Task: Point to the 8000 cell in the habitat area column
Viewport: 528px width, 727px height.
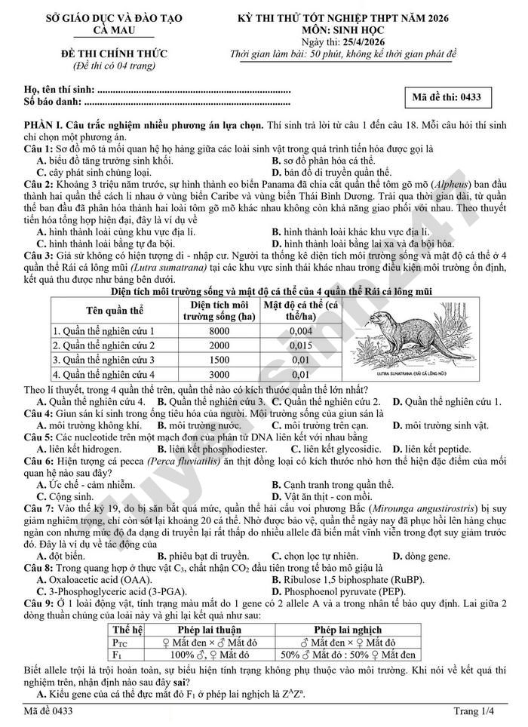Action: (219, 330)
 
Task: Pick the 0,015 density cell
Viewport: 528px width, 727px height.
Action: (300, 345)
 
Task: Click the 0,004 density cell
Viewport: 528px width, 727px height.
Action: (300, 330)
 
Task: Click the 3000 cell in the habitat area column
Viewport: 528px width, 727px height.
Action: (219, 373)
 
